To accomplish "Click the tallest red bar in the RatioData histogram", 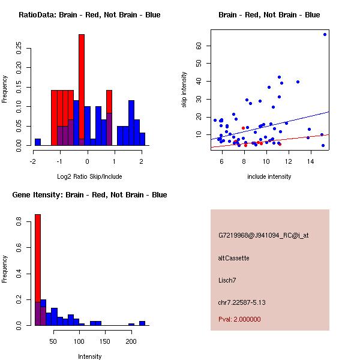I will (x=82, y=84).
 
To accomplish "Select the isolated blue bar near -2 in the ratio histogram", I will (x=38, y=142).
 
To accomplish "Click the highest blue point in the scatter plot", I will (x=325, y=34).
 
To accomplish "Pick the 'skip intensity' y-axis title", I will (x=185, y=90).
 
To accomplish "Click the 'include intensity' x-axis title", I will (x=269, y=177).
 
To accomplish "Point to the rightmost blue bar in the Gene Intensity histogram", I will (x=142, y=323).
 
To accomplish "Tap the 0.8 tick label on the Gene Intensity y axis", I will (x=18, y=222).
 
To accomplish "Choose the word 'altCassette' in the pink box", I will (x=234, y=258).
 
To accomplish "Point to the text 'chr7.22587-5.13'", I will (x=242, y=302).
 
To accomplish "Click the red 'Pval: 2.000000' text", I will (x=239, y=319).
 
